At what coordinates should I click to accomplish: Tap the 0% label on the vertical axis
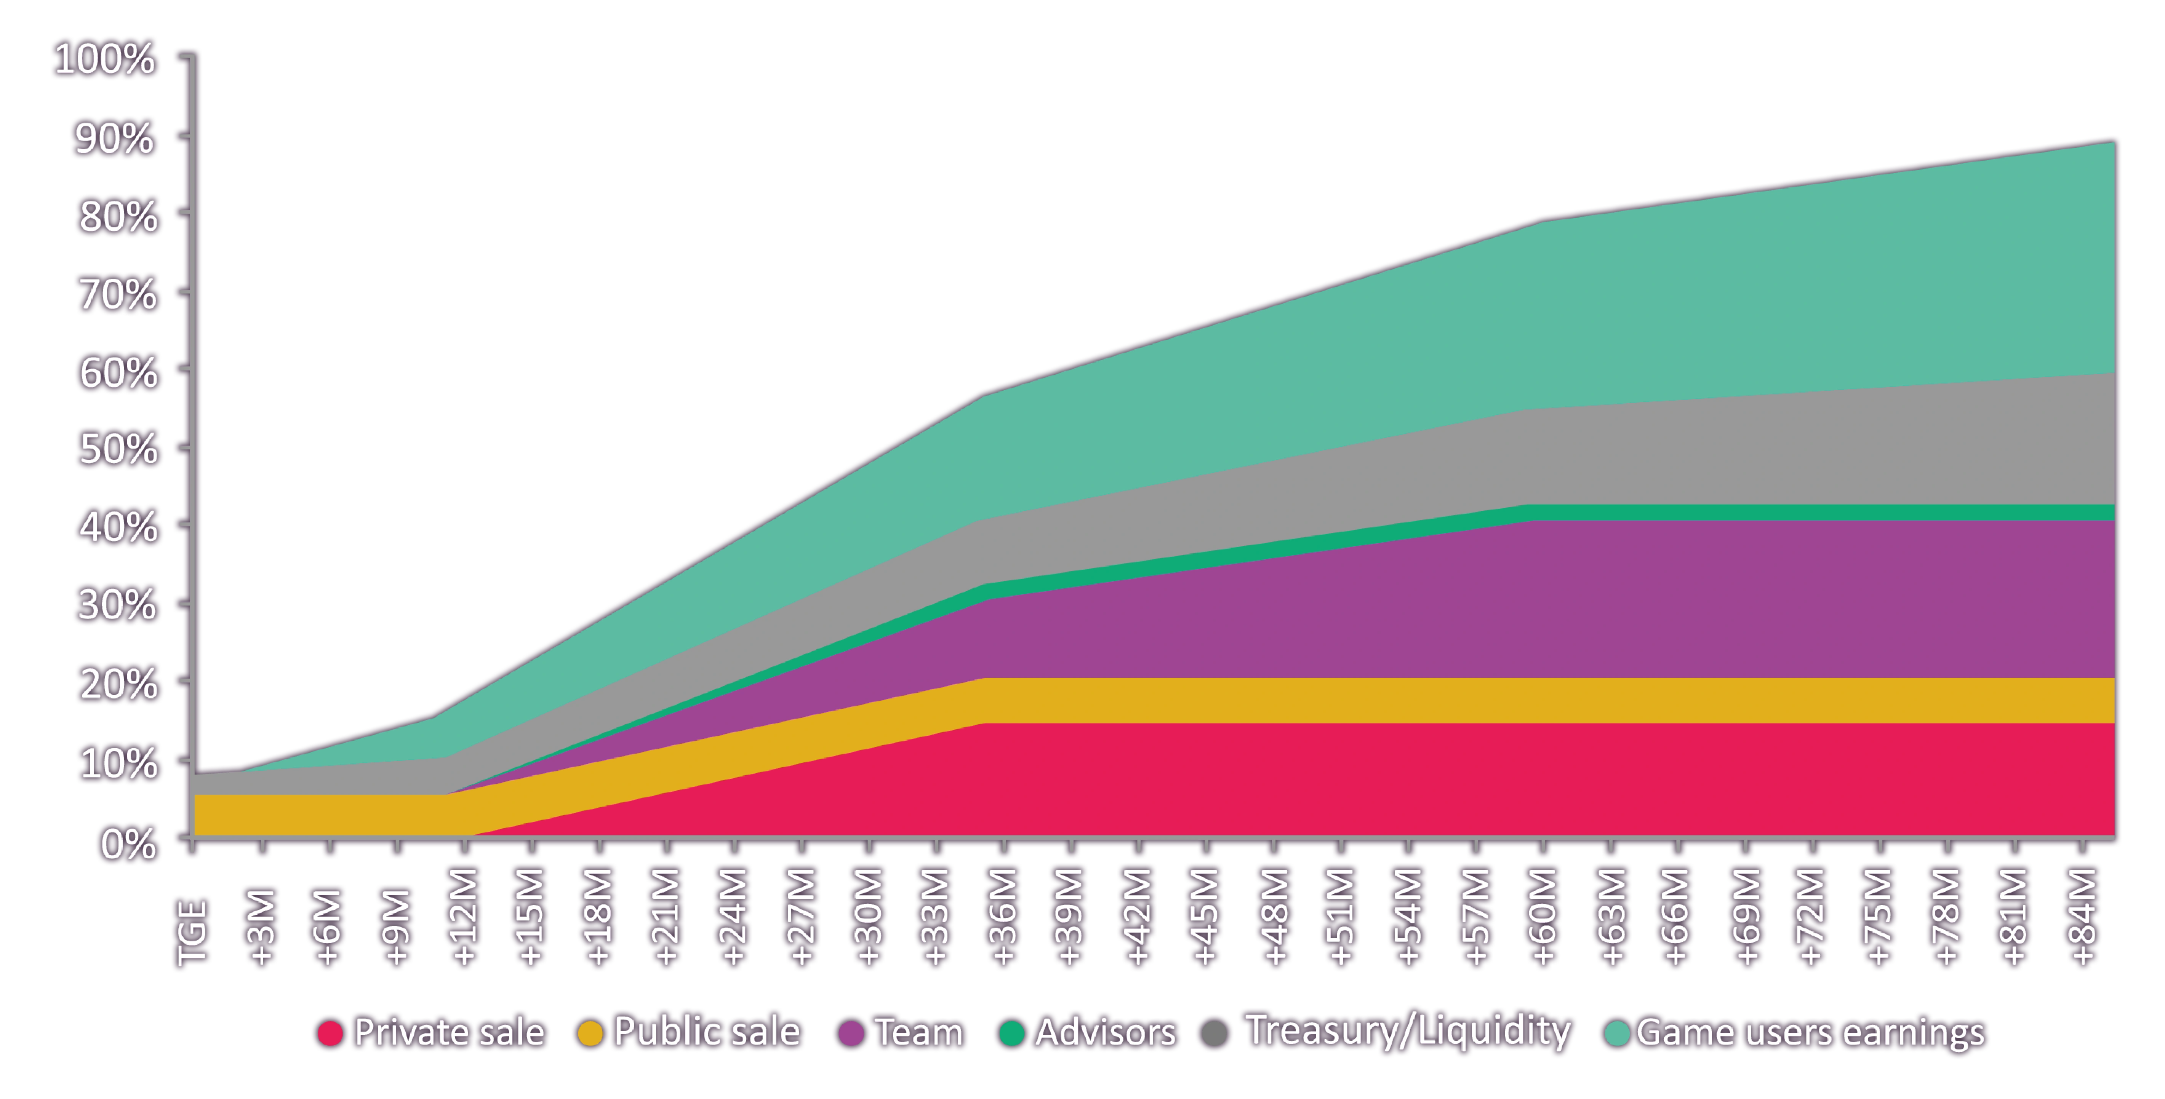[128, 843]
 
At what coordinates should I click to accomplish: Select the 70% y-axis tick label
[118, 294]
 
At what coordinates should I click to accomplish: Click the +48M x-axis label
[1273, 917]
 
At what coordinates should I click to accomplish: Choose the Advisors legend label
[1104, 1032]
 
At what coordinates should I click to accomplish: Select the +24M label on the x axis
[733, 917]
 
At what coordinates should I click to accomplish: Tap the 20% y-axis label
[118, 684]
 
